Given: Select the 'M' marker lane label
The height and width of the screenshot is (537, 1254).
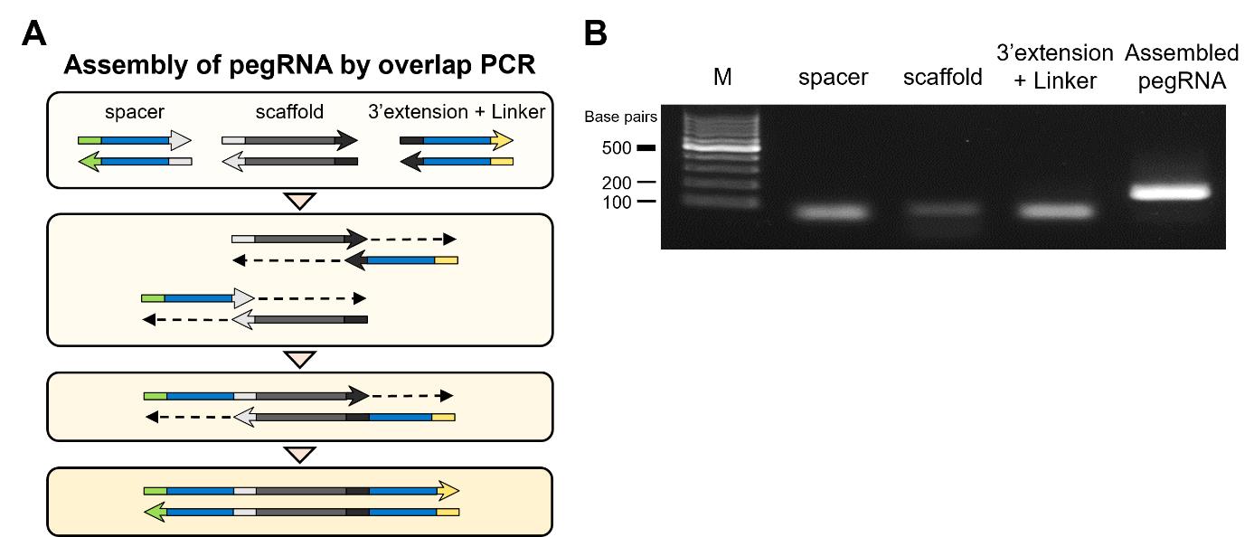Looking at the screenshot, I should [721, 78].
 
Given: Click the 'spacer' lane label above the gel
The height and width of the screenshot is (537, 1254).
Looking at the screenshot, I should [833, 78].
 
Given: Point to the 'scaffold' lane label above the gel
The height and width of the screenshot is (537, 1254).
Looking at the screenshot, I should [943, 78].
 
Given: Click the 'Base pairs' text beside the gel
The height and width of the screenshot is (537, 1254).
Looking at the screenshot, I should [621, 118].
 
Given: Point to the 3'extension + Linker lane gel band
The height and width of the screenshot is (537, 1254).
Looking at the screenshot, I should [1055, 212].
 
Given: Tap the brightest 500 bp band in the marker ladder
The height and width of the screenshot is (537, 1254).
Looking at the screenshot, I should [722, 146].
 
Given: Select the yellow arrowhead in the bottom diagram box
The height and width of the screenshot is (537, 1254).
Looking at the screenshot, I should [449, 491].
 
